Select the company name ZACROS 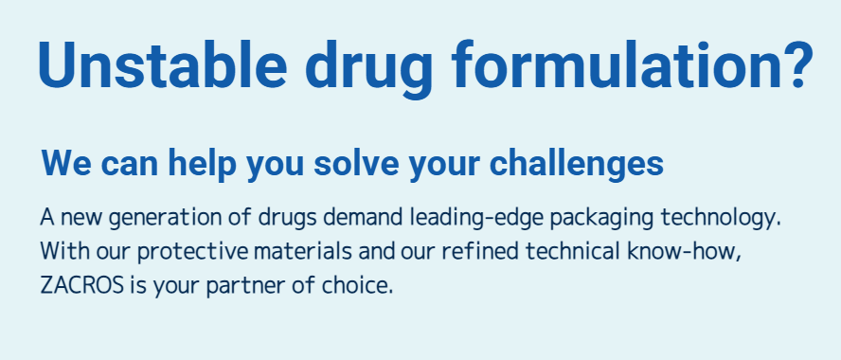coord(81,285)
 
